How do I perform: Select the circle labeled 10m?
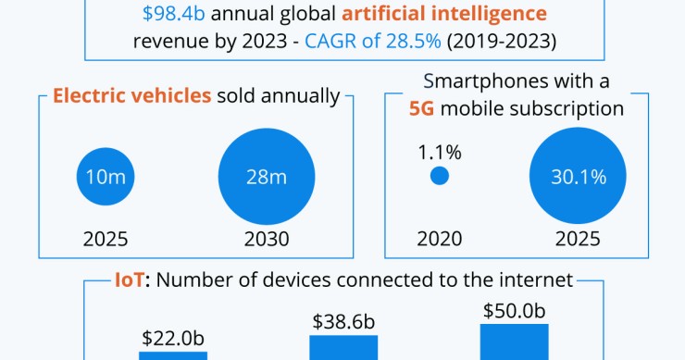(106, 176)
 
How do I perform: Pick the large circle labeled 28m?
(267, 176)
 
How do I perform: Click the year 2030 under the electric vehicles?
(267, 239)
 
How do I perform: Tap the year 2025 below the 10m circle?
(106, 239)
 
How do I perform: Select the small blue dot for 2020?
(440, 176)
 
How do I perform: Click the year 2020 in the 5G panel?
(440, 239)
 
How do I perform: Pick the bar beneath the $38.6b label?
(343, 348)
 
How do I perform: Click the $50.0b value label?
(514, 311)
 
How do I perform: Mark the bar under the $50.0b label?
(514, 341)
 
